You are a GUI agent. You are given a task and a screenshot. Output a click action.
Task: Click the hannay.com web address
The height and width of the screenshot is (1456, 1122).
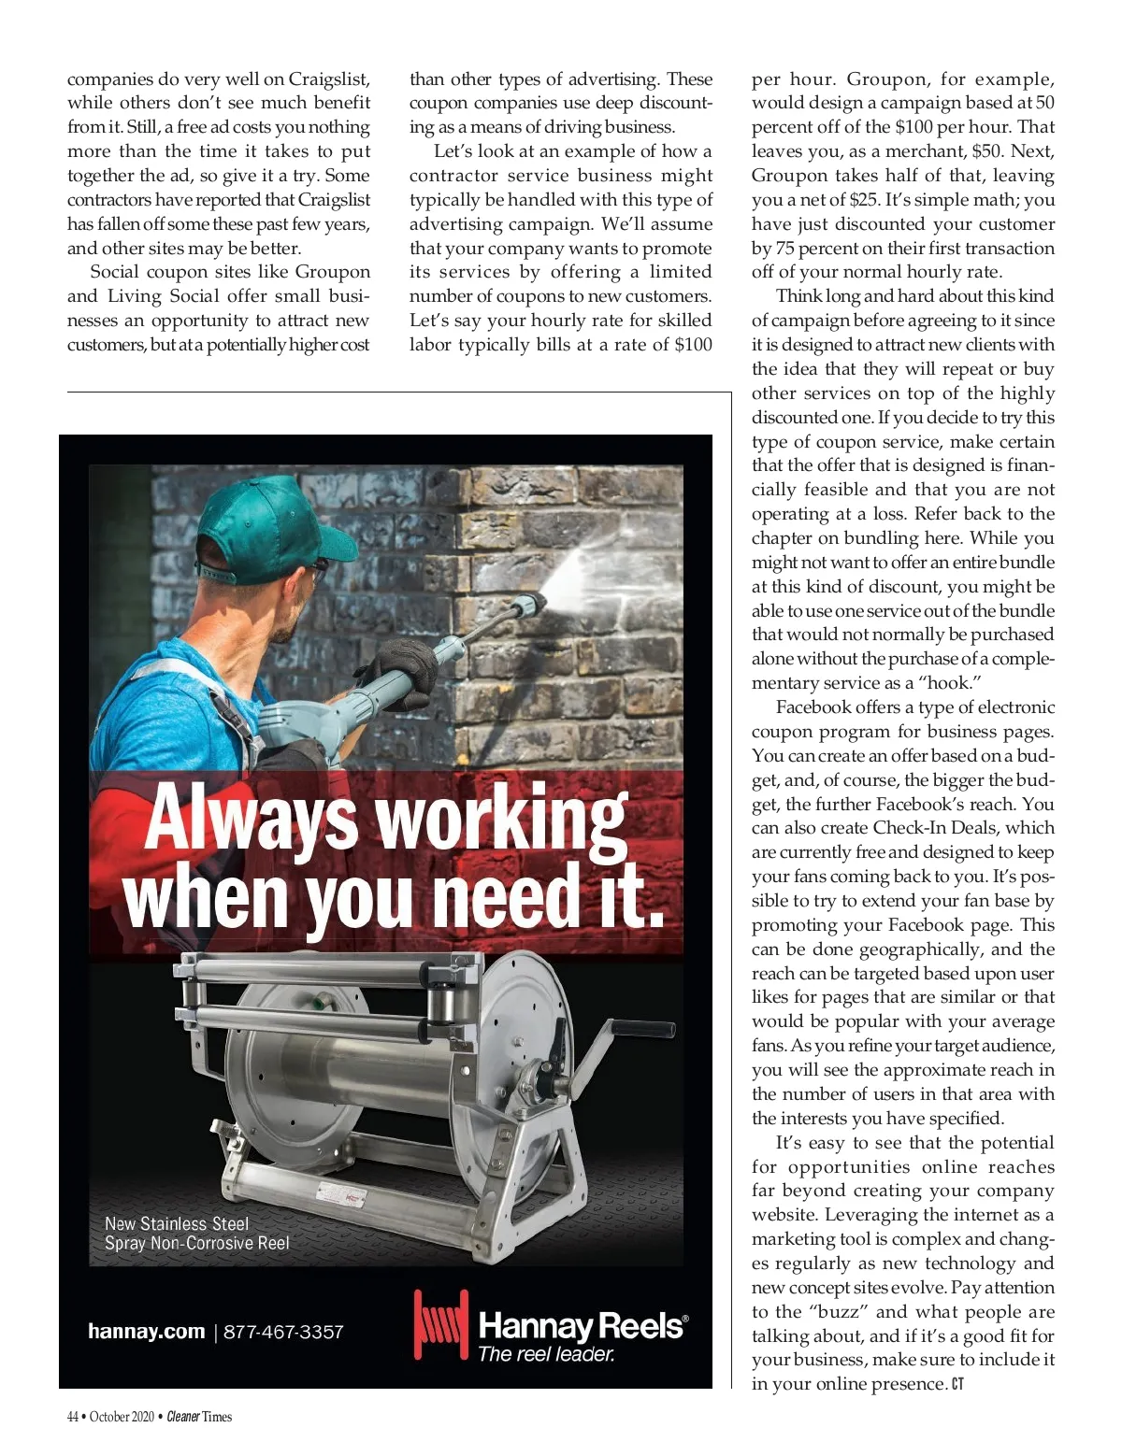(146, 1332)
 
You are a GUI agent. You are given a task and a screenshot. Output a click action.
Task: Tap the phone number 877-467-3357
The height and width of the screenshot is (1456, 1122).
(283, 1332)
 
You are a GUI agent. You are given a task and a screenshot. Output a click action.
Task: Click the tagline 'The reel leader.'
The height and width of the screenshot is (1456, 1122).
(546, 1353)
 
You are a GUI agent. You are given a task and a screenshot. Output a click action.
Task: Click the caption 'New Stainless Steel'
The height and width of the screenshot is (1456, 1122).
(177, 1223)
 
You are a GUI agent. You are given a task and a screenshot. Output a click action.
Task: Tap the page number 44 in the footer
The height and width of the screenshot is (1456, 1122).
(73, 1417)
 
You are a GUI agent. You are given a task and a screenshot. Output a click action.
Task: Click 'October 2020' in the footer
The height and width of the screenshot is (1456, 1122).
(124, 1417)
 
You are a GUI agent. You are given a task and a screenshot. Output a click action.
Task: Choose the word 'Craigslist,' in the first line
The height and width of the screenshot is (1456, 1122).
(329, 79)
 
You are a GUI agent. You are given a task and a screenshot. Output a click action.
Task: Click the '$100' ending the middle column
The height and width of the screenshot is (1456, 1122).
(693, 344)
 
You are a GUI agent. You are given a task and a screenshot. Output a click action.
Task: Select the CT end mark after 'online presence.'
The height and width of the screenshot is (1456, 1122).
(957, 1384)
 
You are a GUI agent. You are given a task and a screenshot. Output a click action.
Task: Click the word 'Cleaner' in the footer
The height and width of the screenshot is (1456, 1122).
(183, 1417)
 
